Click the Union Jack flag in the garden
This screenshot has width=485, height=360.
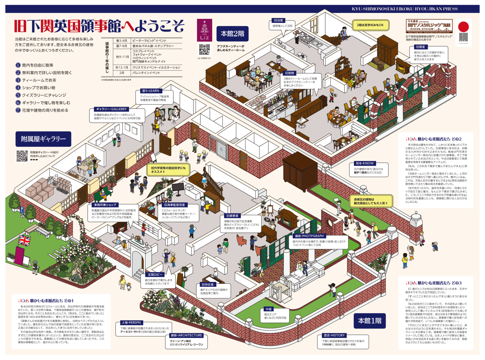tap(24, 240)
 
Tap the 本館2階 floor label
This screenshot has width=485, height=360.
tap(232, 34)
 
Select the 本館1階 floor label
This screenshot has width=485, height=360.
tap(369, 321)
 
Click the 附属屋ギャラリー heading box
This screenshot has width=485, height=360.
tap(43, 139)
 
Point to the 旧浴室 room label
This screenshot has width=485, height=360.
tap(278, 21)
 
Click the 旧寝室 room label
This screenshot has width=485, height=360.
tap(420, 47)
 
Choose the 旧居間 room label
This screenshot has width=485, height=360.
tap(289, 73)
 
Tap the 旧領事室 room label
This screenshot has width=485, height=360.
tap(232, 216)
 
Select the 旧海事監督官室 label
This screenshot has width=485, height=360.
tap(174, 205)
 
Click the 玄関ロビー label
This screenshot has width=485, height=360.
tap(155, 275)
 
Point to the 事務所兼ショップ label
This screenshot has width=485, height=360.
tap(105, 205)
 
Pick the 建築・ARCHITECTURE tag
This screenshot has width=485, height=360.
tap(186, 335)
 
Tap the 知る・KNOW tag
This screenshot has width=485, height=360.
tap(364, 163)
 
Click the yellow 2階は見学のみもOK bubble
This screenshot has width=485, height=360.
tap(370, 25)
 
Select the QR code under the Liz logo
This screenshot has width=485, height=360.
tap(204, 50)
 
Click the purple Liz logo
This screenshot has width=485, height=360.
tap(204, 30)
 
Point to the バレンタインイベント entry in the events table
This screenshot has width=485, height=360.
tap(146, 73)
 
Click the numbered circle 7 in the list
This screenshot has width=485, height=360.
tap(18, 110)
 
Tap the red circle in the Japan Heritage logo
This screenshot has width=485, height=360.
tap(463, 27)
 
